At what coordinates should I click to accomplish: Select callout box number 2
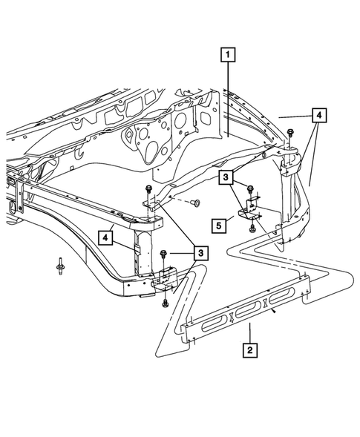[x=252, y=349]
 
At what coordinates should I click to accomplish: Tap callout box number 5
[x=218, y=224]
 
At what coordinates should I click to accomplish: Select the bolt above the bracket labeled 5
[x=251, y=189]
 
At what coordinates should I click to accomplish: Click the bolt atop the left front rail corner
[x=150, y=191]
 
